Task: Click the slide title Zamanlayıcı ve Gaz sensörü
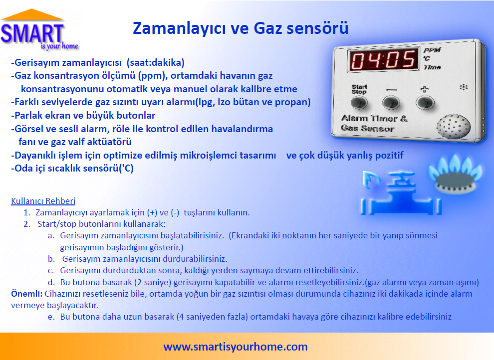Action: tap(240, 28)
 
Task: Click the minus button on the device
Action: tap(391, 102)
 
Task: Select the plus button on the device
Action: tap(424, 102)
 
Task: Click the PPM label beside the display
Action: tap(432, 50)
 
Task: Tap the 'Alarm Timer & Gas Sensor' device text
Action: tap(374, 124)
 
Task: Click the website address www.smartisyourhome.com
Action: tap(236, 347)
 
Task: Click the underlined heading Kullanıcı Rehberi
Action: tap(43, 201)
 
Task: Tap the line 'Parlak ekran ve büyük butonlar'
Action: tap(76, 116)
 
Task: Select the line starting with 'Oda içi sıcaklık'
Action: tap(72, 168)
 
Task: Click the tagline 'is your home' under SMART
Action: tap(58, 46)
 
